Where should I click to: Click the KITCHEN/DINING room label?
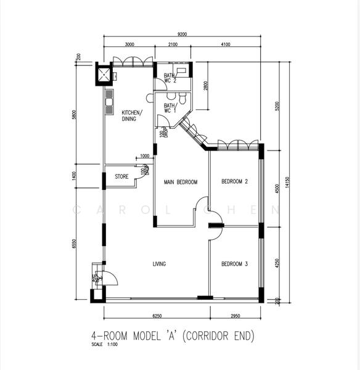point(131,115)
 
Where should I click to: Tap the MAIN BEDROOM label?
point(181,183)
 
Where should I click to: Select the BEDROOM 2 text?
point(234,181)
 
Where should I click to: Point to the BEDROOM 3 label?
point(234,264)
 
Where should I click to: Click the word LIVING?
point(159,264)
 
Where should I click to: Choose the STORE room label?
point(121,177)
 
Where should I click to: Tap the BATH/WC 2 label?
point(170,78)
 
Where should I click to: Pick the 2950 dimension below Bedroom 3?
point(235,316)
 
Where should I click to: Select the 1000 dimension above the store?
point(144,156)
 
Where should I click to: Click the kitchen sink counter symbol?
point(109,102)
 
